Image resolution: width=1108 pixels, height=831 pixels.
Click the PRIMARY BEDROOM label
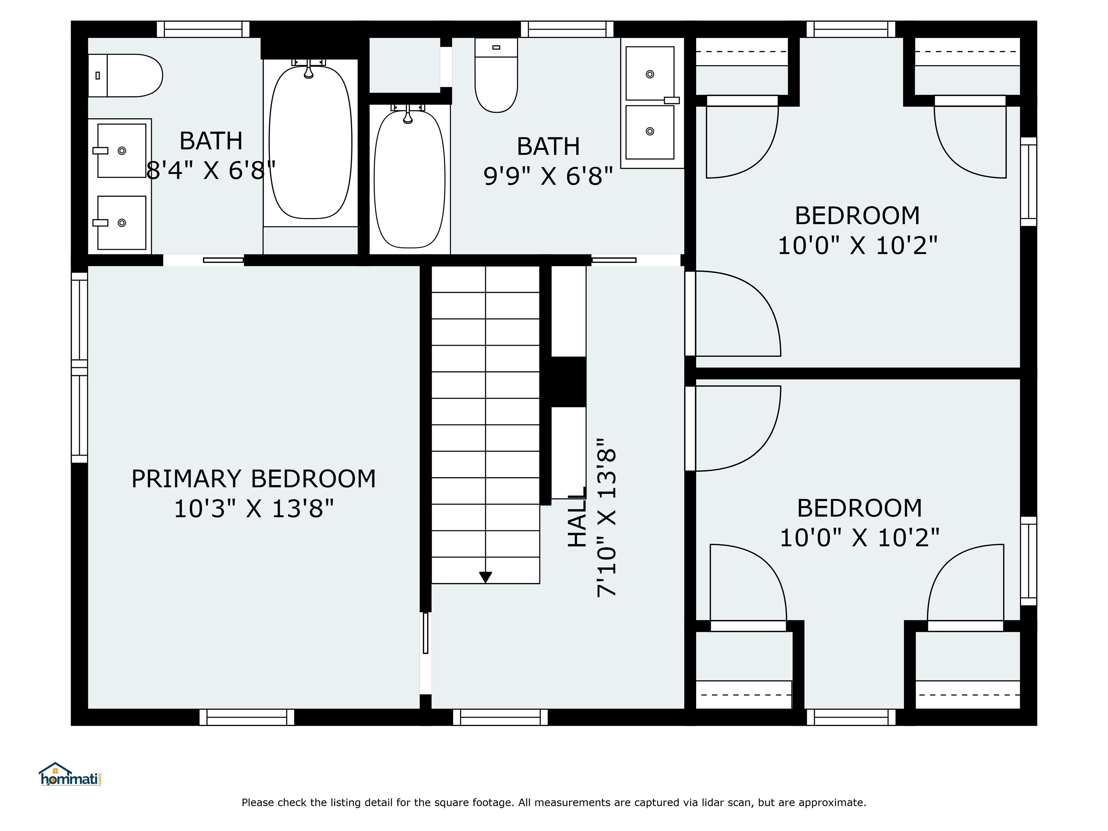254,479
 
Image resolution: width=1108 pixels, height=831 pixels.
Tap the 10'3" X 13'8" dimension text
254,509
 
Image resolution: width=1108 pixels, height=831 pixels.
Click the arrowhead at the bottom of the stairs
485,577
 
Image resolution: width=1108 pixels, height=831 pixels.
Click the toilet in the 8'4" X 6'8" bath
125,76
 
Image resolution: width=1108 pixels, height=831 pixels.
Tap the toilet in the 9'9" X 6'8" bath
496,75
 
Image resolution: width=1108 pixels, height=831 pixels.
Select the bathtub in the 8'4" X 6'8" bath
311,142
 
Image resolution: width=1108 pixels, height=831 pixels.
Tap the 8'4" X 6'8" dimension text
211,170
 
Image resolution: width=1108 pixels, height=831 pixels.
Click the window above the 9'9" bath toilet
567,29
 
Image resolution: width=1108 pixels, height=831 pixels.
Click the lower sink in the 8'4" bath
122,223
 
